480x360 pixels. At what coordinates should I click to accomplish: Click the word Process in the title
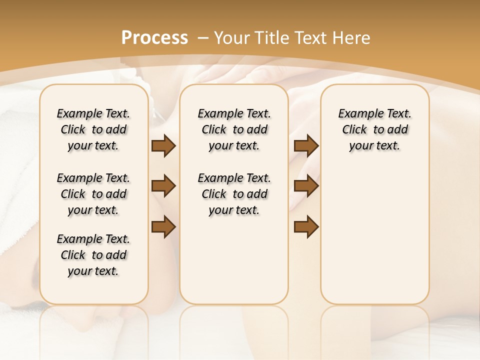155,37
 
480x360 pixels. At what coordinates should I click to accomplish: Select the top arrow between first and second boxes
163,146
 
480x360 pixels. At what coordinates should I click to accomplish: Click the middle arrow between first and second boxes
163,186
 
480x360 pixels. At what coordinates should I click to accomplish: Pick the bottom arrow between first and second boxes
163,226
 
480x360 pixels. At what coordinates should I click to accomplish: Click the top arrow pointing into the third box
306,146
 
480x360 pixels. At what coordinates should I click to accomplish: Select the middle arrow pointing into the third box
306,186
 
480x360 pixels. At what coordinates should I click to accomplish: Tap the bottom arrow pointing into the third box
306,226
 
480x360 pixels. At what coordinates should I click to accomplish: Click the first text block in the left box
93,129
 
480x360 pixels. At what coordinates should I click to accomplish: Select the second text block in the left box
93,194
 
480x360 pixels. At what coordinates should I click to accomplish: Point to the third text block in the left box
93,255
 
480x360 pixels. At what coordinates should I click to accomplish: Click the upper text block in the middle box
234,129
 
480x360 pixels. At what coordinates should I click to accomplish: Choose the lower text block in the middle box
234,194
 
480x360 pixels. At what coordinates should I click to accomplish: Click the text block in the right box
374,129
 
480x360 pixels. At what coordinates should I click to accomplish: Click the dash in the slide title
203,38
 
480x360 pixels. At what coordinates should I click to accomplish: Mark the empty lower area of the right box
374,235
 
